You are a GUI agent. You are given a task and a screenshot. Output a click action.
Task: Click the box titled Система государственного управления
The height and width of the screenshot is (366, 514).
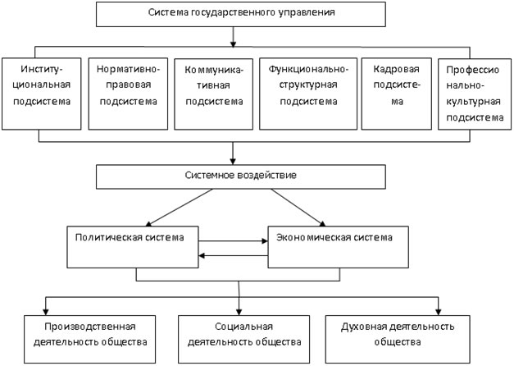tap(241, 14)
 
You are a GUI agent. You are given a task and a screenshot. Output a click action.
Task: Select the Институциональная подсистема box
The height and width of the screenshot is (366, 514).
tap(41, 94)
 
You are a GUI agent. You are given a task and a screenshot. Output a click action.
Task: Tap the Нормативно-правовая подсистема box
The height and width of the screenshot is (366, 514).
tap(128, 94)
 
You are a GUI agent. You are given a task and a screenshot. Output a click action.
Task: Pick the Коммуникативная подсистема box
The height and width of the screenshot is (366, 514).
tap(213, 94)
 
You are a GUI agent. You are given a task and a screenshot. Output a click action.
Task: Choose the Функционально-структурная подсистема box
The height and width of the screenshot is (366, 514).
tap(308, 94)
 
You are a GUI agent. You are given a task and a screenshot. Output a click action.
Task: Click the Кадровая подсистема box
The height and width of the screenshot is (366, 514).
tap(396, 94)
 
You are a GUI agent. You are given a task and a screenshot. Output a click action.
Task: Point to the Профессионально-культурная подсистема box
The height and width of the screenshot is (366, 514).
tap(475, 94)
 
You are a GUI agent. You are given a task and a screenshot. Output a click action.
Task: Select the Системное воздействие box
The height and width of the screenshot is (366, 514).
tap(241, 177)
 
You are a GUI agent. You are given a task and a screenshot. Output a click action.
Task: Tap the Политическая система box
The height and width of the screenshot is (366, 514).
tap(133, 247)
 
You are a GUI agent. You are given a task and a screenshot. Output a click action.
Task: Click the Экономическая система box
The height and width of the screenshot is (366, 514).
tap(339, 247)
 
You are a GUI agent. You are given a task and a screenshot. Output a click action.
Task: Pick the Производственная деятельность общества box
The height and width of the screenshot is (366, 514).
tap(90, 340)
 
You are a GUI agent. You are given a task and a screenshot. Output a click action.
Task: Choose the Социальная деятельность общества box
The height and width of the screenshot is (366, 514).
tap(244, 340)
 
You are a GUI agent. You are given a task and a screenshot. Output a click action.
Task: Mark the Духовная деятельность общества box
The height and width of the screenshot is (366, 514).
tap(398, 340)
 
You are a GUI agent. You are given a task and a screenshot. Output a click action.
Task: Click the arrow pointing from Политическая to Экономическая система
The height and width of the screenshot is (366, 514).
tap(233, 241)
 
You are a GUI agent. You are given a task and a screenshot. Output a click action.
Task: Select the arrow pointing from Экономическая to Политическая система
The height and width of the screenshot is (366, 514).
tap(233, 255)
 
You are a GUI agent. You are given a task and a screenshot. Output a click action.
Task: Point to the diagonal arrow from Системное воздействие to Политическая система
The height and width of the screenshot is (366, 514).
tap(180, 208)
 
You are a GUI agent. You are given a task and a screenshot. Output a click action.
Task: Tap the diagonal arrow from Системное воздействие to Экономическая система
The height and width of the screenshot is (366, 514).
tap(298, 208)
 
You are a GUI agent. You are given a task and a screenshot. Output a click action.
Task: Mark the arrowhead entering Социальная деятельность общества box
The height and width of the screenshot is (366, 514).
tap(239, 312)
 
